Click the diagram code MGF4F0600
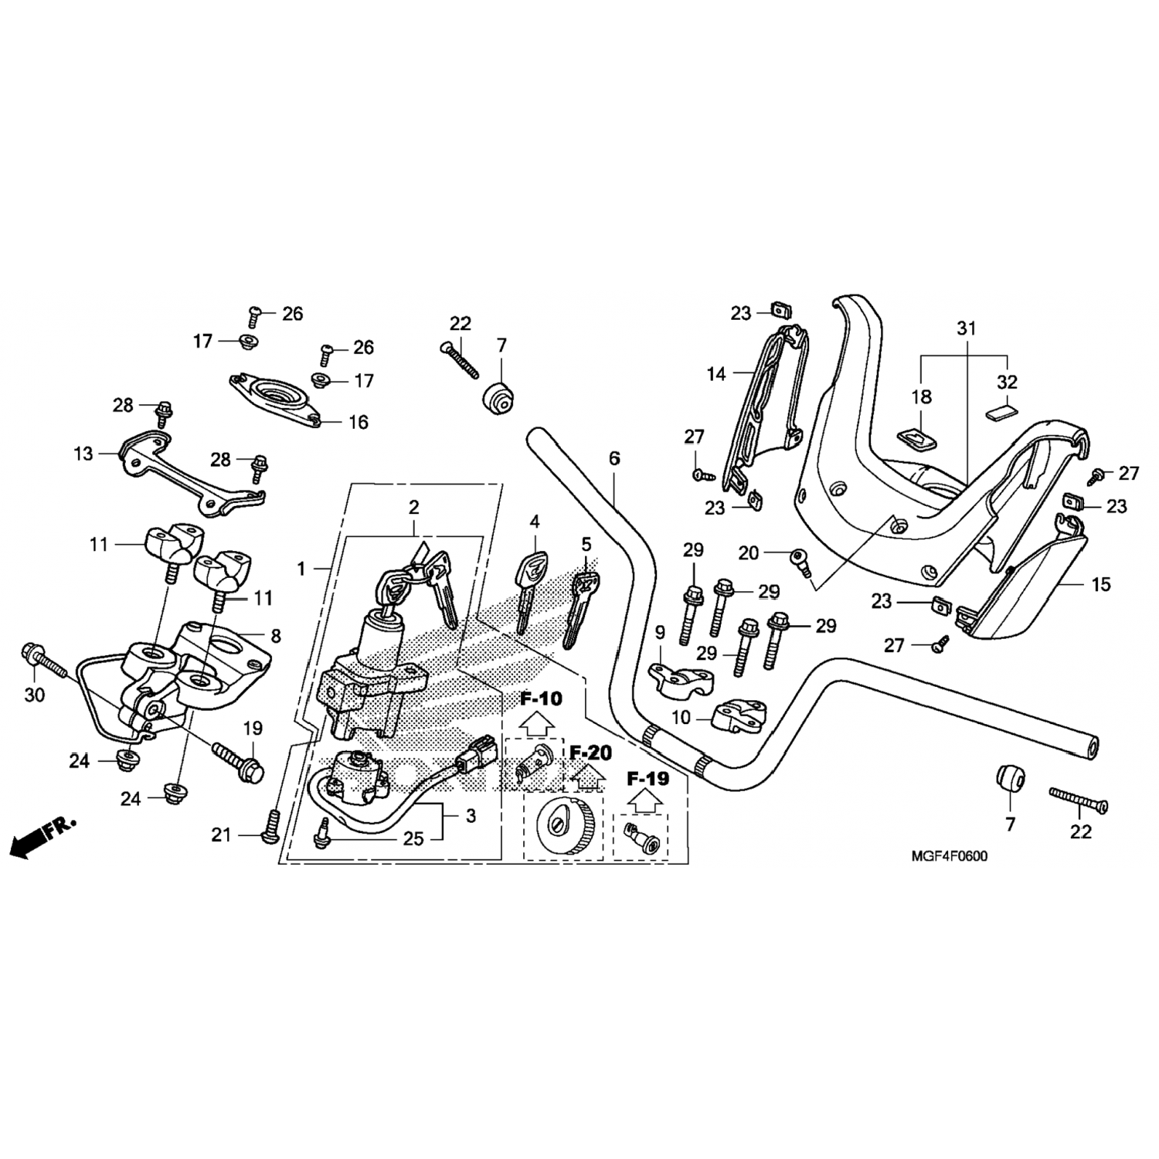(x=949, y=856)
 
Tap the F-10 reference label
(x=541, y=698)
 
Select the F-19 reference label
(x=647, y=778)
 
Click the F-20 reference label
(x=591, y=752)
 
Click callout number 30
(x=35, y=695)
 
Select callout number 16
(x=359, y=422)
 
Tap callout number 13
(x=83, y=454)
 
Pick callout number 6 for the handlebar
(x=614, y=458)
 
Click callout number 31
(x=967, y=328)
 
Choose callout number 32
(x=1008, y=382)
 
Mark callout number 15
(x=1100, y=584)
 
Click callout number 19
(x=253, y=728)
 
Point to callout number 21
(x=222, y=834)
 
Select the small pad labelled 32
(x=1002, y=410)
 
